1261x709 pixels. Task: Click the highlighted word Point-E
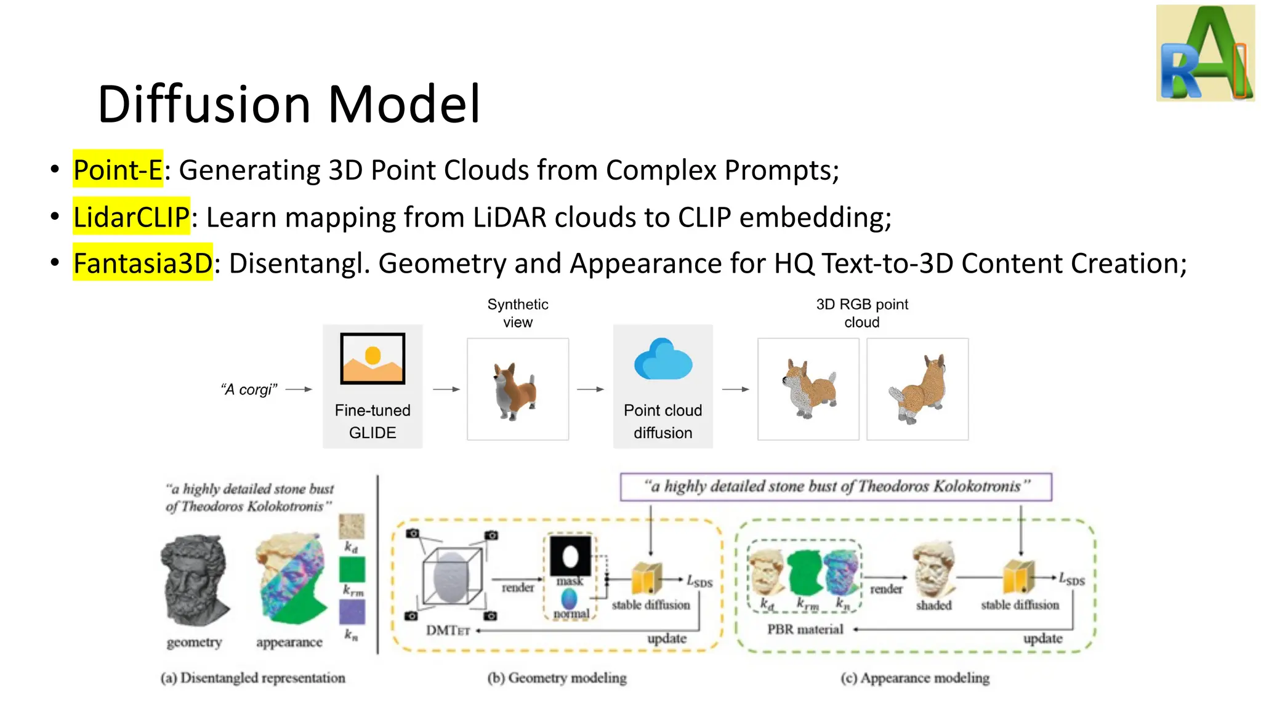pyautogui.click(x=118, y=169)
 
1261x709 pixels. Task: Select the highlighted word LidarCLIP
pyautogui.click(x=131, y=217)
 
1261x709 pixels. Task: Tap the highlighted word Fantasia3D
pyautogui.click(x=142, y=263)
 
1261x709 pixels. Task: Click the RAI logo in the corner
pyautogui.click(x=1204, y=53)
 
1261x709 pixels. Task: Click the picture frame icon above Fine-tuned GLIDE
pyautogui.click(x=373, y=358)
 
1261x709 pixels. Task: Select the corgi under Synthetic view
pyautogui.click(x=515, y=390)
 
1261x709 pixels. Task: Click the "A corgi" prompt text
pyautogui.click(x=249, y=390)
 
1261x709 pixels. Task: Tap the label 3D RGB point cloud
pyautogui.click(x=861, y=313)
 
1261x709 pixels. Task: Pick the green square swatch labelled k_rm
pyautogui.click(x=352, y=569)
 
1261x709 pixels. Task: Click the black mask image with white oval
pyautogui.click(x=570, y=555)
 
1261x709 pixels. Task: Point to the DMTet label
pyautogui.click(x=448, y=630)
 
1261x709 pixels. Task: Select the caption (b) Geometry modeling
pyautogui.click(x=557, y=678)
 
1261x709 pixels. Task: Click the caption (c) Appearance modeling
pyautogui.click(x=915, y=678)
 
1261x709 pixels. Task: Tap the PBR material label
pyautogui.click(x=805, y=629)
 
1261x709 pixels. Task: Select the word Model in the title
pyautogui.click(x=403, y=104)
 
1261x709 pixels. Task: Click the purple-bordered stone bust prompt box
pyautogui.click(x=836, y=487)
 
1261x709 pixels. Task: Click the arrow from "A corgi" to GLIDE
pyautogui.click(x=299, y=389)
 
